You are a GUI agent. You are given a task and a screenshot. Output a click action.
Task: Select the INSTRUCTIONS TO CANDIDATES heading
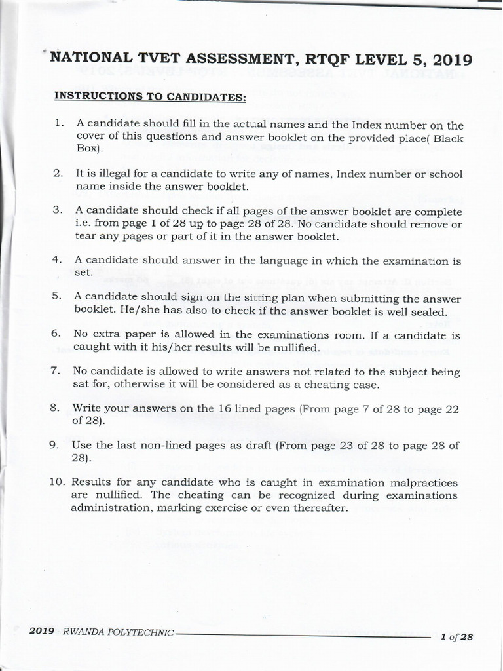click(x=150, y=97)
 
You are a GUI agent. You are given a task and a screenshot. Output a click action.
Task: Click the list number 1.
click(x=58, y=123)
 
